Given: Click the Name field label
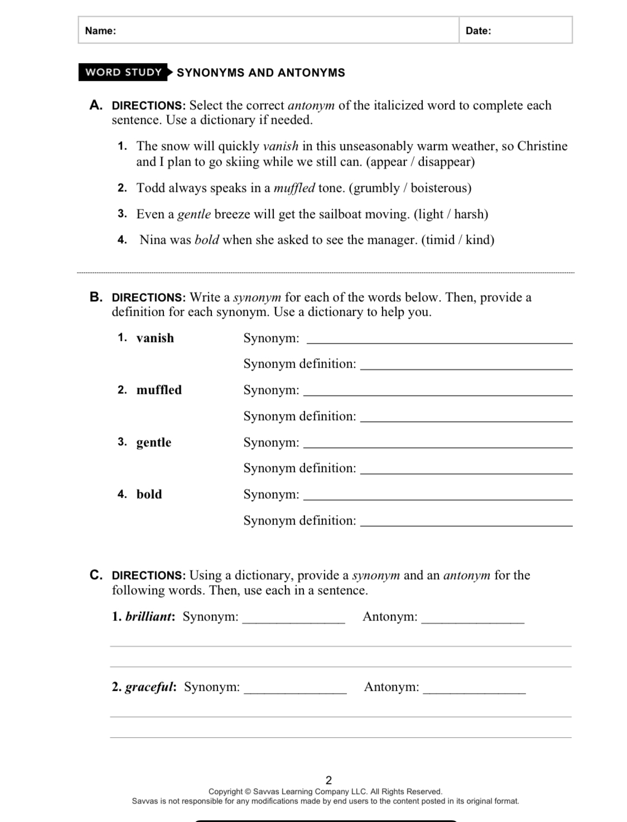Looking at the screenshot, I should (x=100, y=31).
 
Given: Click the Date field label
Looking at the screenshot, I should (x=478, y=31).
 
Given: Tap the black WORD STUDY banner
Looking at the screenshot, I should (x=123, y=73).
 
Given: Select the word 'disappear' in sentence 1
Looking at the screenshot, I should (x=445, y=162).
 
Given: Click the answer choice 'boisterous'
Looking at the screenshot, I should (x=439, y=188).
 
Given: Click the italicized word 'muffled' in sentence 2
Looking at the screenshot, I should (x=294, y=188).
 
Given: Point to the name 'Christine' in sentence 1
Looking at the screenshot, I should (x=542, y=146).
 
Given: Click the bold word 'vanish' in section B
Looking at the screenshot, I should (x=155, y=338).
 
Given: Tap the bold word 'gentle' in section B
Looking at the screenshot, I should (x=153, y=443).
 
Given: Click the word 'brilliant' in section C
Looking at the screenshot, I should (x=149, y=617).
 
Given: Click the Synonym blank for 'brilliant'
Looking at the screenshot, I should (x=293, y=620).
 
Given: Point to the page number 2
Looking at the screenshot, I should (x=328, y=780).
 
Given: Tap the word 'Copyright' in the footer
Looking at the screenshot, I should (x=226, y=791).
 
